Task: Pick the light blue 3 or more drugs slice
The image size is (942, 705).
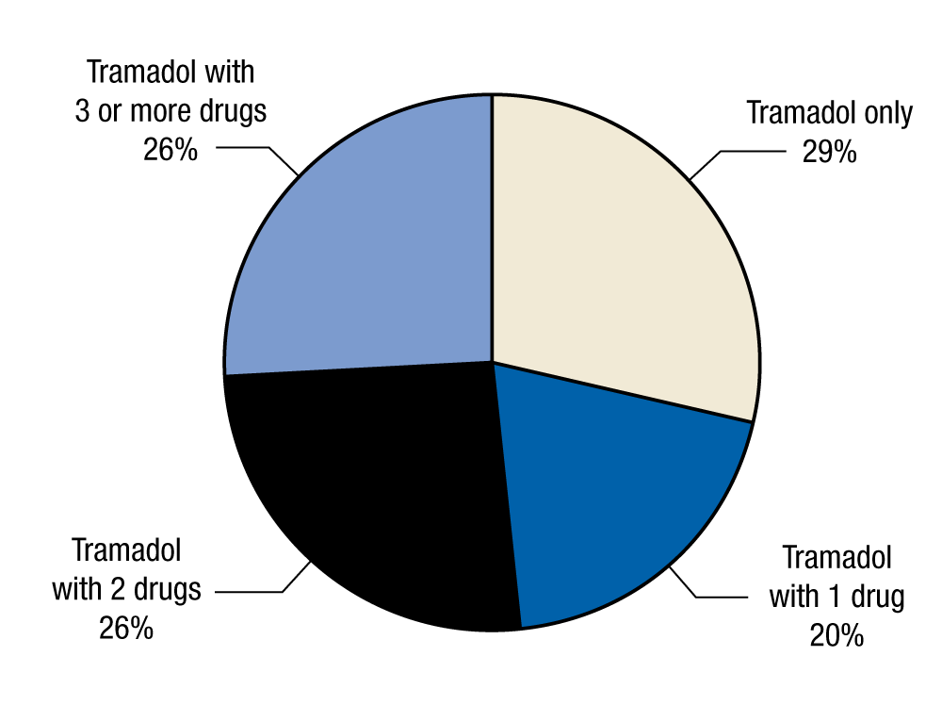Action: click(367, 245)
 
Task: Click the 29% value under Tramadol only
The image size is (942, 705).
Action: click(829, 151)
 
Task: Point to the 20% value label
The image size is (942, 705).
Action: click(836, 635)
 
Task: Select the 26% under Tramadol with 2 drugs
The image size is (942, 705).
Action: click(126, 628)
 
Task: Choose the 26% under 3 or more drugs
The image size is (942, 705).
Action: click(171, 149)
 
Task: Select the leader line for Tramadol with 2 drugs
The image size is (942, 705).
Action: click(254, 592)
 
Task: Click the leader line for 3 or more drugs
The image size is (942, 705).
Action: click(250, 147)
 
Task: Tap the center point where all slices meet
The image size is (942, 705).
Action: click(492, 361)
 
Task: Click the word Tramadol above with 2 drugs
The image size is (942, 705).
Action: click(126, 550)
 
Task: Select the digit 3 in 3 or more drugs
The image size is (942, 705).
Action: click(83, 110)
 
